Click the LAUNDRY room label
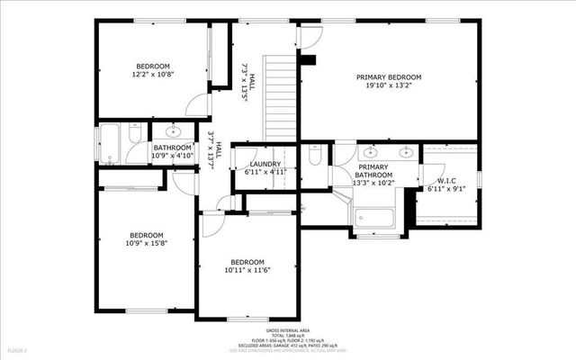(x=264, y=164)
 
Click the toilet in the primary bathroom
(x=315, y=156)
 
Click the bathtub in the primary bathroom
(x=374, y=218)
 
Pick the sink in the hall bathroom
(x=174, y=132)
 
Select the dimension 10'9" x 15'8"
(x=145, y=243)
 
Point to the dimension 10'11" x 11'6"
(x=247, y=269)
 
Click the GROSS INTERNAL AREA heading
(x=287, y=331)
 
